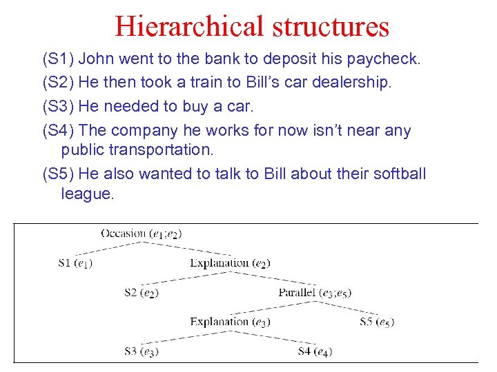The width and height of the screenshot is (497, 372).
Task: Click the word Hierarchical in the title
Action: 189,26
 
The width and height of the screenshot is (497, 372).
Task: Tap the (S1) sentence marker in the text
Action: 58,59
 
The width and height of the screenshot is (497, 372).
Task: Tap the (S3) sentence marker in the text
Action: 58,107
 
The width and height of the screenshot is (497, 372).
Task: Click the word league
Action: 87,194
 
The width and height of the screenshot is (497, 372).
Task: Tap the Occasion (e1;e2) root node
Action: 141,234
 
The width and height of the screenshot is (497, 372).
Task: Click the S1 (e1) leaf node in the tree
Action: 76,262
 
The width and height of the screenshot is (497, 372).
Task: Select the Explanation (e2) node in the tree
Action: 230,262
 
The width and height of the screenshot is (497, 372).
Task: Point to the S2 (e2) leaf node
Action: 142,292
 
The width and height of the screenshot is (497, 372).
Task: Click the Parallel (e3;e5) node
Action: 315,292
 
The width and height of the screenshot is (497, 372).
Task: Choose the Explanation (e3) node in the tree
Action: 230,322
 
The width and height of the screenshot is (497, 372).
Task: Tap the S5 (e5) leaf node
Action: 377,322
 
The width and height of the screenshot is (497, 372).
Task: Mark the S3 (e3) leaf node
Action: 142,351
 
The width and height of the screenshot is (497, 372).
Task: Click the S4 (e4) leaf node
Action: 315,351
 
